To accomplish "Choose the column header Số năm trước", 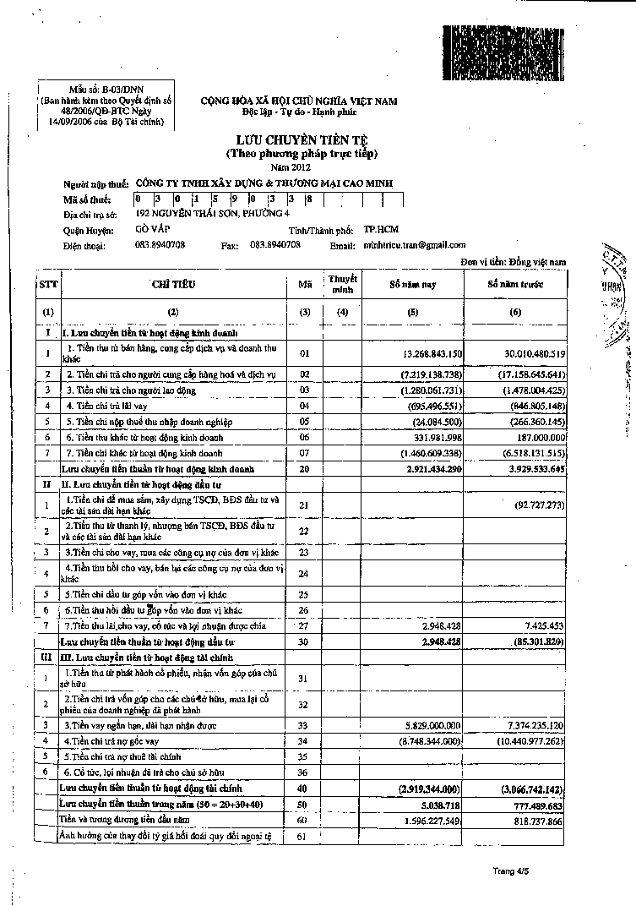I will [x=516, y=285].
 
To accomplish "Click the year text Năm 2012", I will [x=302, y=167].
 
